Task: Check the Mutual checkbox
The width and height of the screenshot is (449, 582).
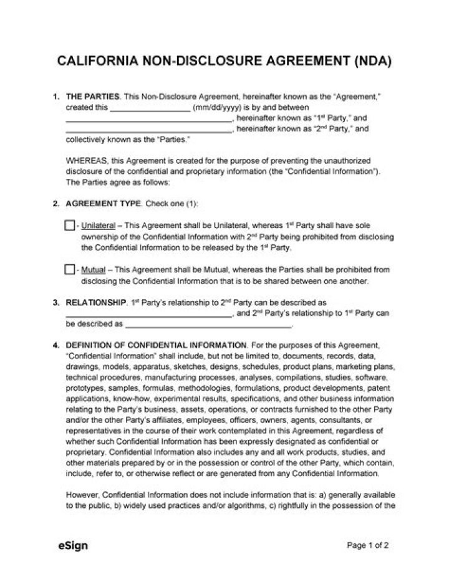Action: pyautogui.click(x=69, y=269)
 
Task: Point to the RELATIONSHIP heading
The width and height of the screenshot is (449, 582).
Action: pyautogui.click(x=95, y=302)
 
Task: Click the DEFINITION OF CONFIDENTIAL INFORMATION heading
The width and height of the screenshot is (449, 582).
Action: pyautogui.click(x=155, y=345)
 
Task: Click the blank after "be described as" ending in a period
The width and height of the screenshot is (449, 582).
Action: pyautogui.click(x=208, y=324)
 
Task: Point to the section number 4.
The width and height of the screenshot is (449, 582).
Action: pyautogui.click(x=56, y=345)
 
